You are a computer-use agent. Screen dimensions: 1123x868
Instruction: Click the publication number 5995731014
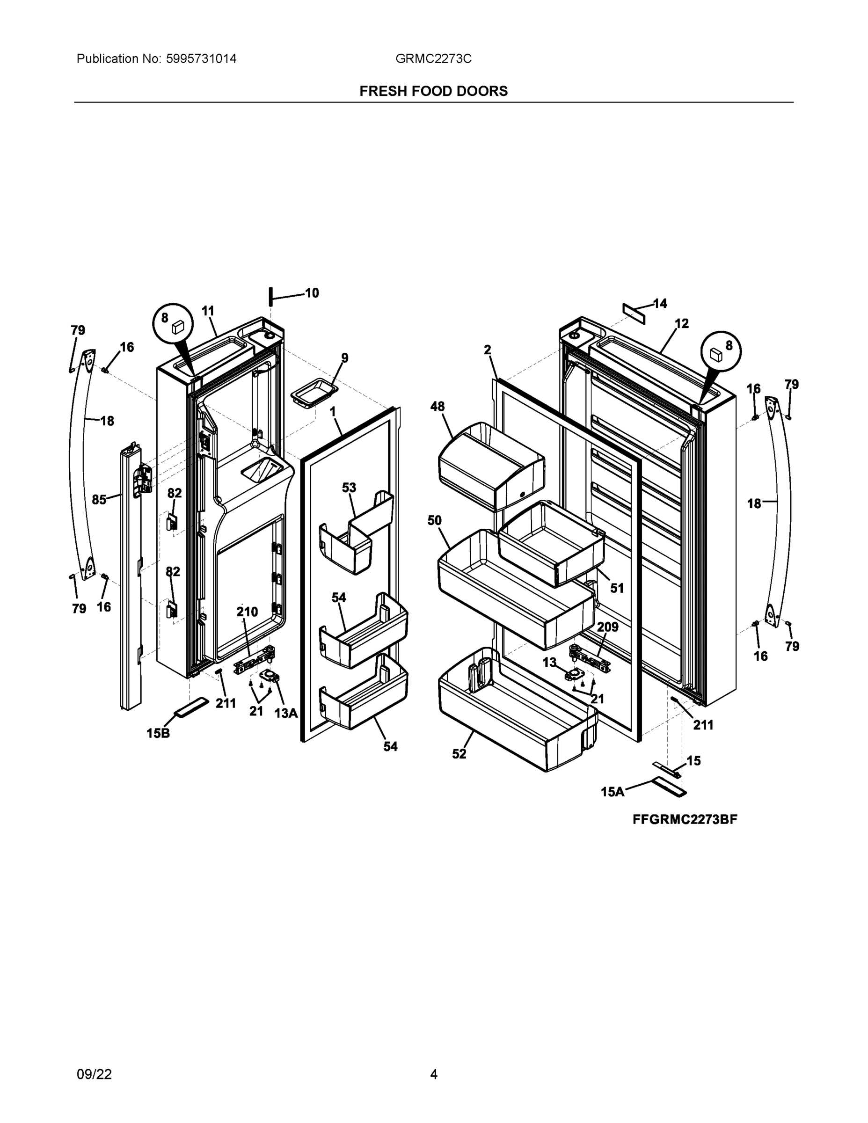coord(201,58)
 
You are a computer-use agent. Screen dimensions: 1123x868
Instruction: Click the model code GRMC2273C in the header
coord(433,58)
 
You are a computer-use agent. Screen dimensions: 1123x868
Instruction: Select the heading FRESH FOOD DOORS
coord(433,91)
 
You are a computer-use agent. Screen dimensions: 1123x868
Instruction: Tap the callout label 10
coord(312,293)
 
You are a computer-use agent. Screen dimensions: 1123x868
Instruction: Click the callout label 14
coord(660,303)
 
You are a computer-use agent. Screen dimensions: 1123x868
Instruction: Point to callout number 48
coord(437,406)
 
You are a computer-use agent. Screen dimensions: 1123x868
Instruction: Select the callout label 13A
coord(286,713)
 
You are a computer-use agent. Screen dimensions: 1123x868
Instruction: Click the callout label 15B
coord(158,733)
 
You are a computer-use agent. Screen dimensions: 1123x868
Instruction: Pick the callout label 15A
coord(613,792)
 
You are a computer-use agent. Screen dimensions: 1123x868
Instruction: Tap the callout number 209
coord(607,627)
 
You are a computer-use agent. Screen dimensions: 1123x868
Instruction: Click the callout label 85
coord(99,499)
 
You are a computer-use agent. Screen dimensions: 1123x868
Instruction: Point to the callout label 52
coord(459,754)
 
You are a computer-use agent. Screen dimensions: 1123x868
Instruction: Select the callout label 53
coord(349,487)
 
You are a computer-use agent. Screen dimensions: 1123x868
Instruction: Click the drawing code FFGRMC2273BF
coord(685,820)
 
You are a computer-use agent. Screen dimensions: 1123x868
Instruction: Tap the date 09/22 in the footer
coord(94,1074)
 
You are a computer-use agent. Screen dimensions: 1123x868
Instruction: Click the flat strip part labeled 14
coord(634,313)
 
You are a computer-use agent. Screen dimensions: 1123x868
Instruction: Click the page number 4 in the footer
coord(433,1074)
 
